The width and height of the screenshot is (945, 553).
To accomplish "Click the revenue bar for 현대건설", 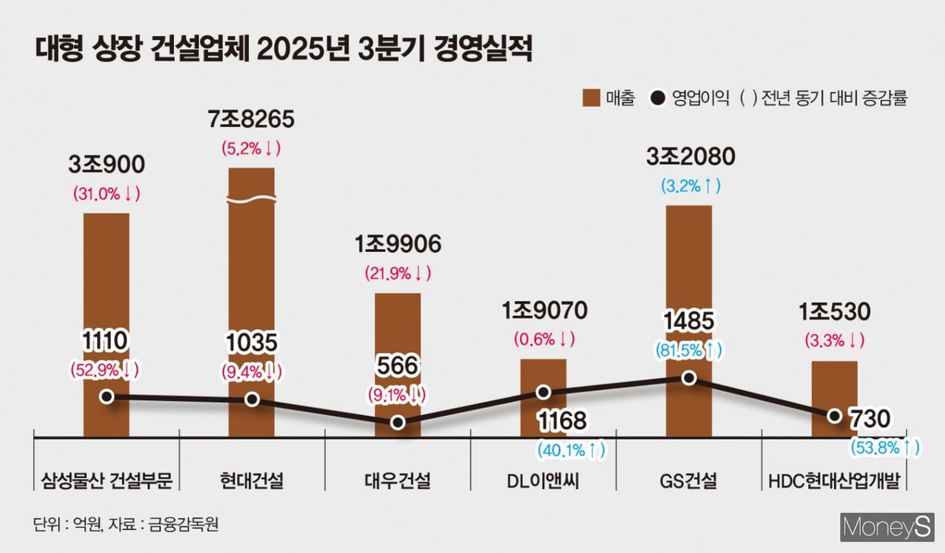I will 252,299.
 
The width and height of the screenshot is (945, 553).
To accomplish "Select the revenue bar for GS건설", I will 689,315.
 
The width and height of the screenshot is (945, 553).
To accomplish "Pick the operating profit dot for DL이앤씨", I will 543,392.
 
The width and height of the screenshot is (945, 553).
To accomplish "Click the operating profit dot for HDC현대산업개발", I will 835,415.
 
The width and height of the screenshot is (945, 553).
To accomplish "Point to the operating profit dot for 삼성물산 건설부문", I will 106,396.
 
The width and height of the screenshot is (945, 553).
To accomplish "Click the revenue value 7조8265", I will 251,121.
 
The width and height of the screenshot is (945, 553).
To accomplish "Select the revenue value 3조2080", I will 689,157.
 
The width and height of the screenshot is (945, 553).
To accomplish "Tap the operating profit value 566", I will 398,366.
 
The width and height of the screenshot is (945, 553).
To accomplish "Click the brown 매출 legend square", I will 591,98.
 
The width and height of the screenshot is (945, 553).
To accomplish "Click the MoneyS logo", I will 887,527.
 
